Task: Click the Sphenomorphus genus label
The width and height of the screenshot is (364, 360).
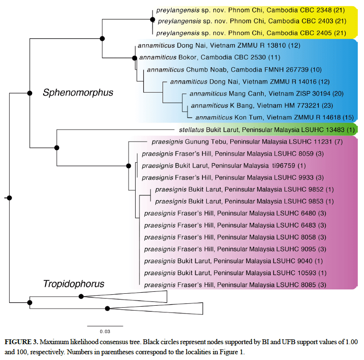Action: [x=78, y=92]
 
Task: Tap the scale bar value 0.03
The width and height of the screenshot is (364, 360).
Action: [x=105, y=331]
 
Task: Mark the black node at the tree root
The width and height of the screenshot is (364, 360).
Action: [x=9, y=198]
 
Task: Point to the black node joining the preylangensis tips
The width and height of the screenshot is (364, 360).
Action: [x=153, y=21]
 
